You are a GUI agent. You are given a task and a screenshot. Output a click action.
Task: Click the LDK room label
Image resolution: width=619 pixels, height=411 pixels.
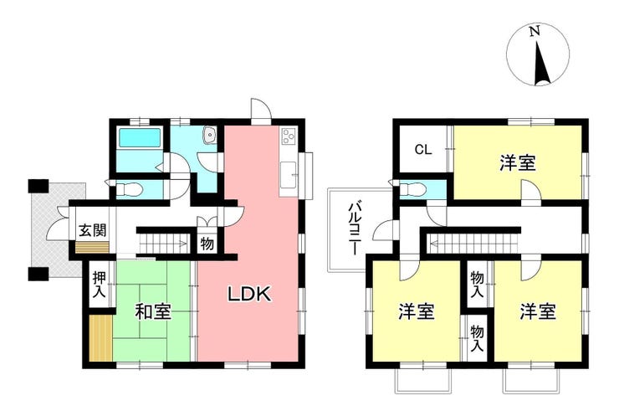(x=250, y=294)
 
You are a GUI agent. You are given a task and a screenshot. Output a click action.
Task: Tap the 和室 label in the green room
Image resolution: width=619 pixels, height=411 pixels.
(x=153, y=311)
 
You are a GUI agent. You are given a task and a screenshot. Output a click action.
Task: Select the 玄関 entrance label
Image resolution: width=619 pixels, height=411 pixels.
(x=93, y=230)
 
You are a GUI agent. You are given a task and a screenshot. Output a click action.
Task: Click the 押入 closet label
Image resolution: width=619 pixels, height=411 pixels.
(x=100, y=284)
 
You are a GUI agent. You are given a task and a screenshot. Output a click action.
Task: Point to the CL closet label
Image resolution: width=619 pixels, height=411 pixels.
(x=423, y=150)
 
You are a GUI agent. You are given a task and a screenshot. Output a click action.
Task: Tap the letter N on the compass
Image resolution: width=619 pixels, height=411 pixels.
(x=535, y=31)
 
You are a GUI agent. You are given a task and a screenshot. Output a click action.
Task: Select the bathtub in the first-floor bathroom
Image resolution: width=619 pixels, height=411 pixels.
(x=140, y=138)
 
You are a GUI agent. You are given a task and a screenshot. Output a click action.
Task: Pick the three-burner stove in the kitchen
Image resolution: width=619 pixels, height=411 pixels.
(x=289, y=136)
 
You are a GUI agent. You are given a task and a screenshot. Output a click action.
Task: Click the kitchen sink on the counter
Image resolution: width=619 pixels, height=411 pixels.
(x=289, y=175)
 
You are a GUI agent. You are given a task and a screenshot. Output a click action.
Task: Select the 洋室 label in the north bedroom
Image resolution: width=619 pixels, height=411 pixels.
(x=518, y=163)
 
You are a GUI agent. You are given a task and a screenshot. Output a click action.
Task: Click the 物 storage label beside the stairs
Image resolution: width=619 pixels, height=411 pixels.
(x=207, y=244)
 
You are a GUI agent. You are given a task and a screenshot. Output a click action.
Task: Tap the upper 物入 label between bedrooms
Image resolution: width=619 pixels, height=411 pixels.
(x=478, y=285)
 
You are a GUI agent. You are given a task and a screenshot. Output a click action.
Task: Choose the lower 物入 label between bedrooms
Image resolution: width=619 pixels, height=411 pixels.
(x=478, y=339)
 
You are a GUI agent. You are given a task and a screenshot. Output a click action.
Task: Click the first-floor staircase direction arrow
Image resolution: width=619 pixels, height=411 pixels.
(x=162, y=244)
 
